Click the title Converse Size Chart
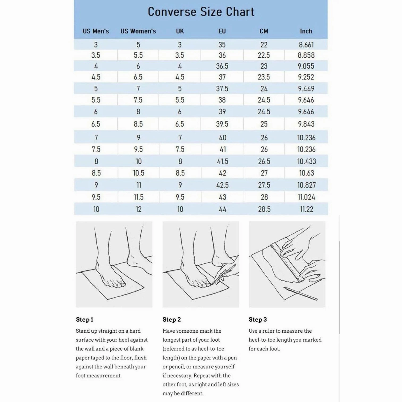click(201, 12)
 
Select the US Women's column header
click(138, 31)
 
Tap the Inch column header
click(306, 31)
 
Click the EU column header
click(222, 31)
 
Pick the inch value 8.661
click(306, 45)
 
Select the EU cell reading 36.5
click(222, 66)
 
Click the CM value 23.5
click(264, 77)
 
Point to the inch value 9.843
click(306, 124)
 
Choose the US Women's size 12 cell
click(139, 209)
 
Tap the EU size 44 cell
click(223, 209)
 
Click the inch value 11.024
click(306, 197)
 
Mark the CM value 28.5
click(264, 209)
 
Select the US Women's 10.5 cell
click(139, 173)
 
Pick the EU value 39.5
click(222, 124)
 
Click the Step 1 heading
click(85, 320)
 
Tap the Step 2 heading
click(171, 320)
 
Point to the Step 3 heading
click(258, 320)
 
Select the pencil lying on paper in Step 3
click(300, 294)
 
